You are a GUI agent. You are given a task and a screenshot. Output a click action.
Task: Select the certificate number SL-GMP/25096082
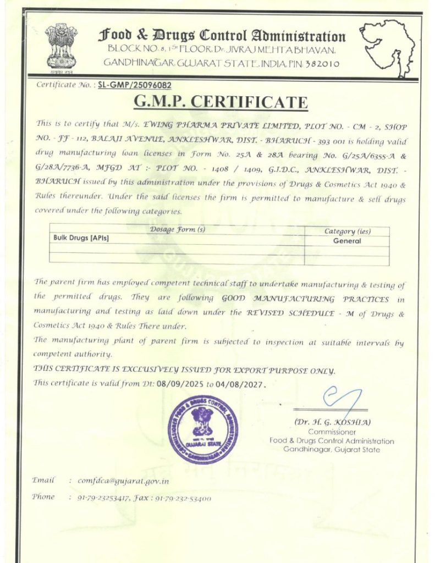point(135,85)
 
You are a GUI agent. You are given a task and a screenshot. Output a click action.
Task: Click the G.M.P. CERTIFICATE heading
point(221,103)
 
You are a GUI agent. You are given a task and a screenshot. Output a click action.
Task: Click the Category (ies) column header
point(347,231)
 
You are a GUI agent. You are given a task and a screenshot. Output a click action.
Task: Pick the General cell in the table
point(347,241)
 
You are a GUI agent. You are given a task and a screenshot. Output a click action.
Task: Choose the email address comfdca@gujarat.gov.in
point(123,481)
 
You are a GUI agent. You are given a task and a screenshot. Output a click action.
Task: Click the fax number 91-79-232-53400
point(184,498)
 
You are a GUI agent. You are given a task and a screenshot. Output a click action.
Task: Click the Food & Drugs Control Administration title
point(222,36)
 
